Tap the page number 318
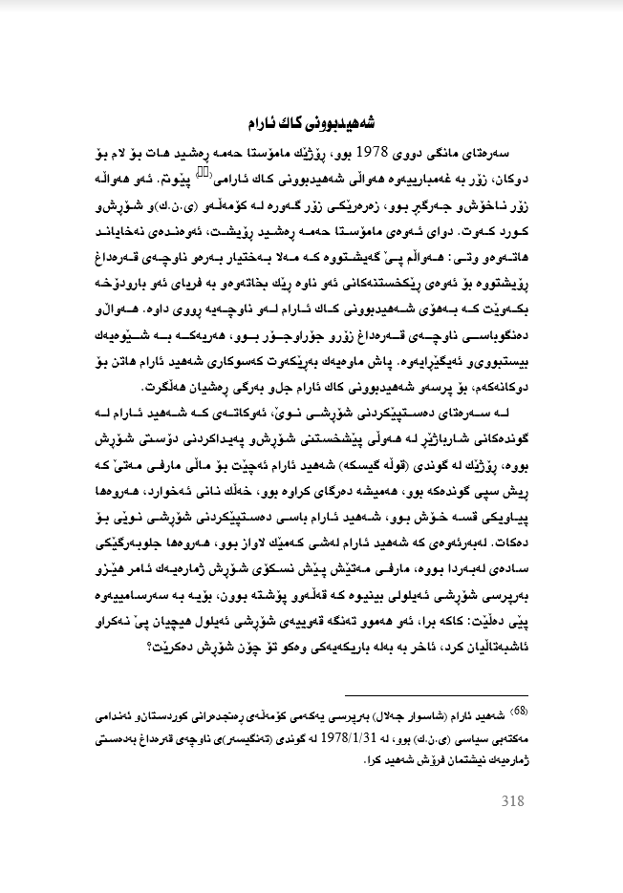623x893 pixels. [513, 800]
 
